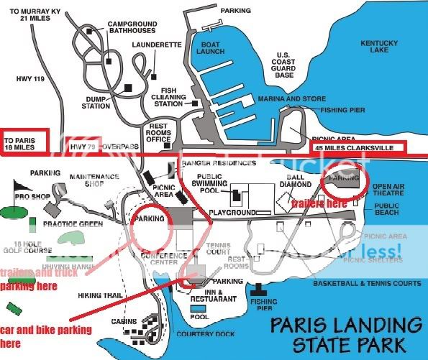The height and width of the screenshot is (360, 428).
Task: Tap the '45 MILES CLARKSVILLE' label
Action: pyautogui.click(x=357, y=147)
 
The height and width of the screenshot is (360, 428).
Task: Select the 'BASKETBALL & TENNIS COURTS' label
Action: pyautogui.click(x=366, y=283)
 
